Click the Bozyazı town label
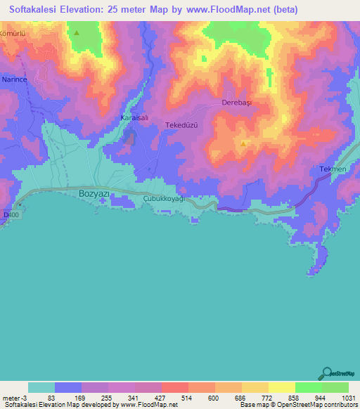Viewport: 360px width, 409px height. tap(94, 192)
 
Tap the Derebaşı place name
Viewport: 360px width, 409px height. tap(237, 102)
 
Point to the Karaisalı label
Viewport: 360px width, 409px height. tap(134, 117)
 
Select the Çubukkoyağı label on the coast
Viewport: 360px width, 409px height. tap(163, 199)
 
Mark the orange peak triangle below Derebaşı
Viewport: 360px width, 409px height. tap(243, 143)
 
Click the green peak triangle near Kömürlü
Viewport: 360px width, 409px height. tap(77, 32)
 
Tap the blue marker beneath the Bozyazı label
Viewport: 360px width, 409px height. tap(103, 202)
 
